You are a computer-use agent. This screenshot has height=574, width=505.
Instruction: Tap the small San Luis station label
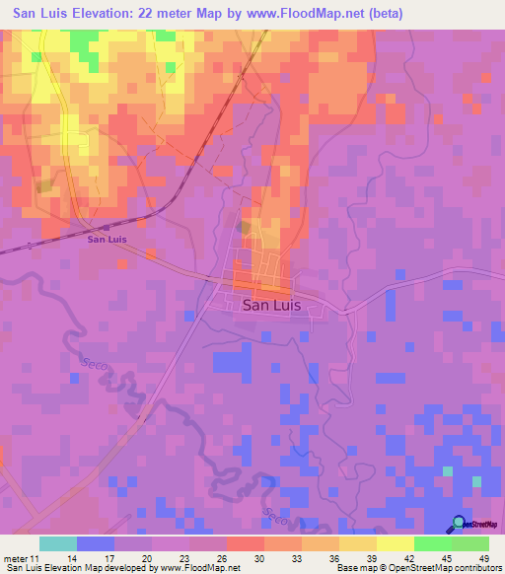coord(106,239)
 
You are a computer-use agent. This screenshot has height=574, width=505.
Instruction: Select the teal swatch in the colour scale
coord(58,543)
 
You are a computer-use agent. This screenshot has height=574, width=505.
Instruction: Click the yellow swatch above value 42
coord(396,543)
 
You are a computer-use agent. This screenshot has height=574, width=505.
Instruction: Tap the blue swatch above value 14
coord(96,543)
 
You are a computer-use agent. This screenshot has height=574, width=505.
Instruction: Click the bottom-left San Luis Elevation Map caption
coord(59,567)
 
